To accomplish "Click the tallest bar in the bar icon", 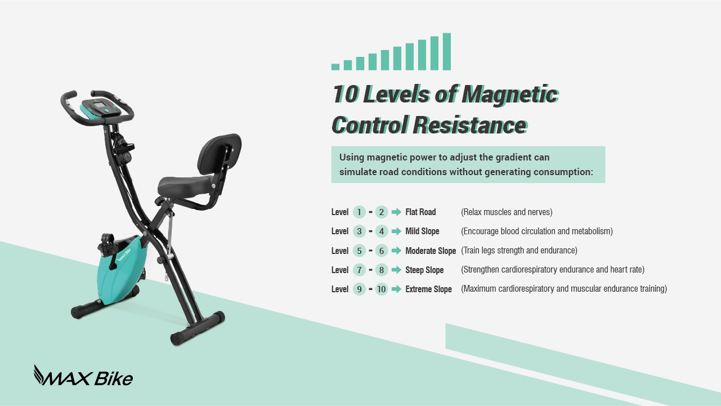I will pos(447,51).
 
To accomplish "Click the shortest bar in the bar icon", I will pos(335,67).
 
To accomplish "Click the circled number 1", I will pos(360,212).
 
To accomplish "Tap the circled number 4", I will pos(382,231).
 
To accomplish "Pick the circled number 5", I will pos(360,251).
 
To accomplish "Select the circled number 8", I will pos(382,270).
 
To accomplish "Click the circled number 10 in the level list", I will pos(382,289).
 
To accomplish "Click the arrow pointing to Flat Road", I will pos(396,212).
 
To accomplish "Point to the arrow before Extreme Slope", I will pos(396,289).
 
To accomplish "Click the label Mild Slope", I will pos(422,231).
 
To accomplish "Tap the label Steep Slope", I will pos(424,270).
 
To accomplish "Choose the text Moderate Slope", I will pos(431,251).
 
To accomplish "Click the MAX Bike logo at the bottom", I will pos(83,377).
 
